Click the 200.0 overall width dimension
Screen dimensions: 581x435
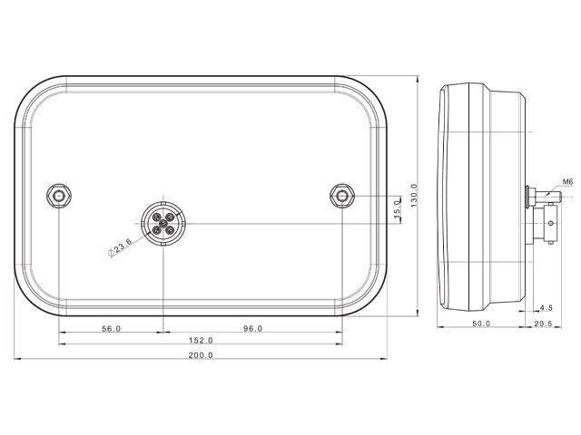201,355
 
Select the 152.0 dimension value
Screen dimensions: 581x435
201,341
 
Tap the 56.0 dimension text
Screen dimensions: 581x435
111,328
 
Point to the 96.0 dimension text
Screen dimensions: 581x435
252,328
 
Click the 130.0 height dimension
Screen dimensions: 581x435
414,196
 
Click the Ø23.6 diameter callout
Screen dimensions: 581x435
120,247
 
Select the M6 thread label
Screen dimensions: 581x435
567,182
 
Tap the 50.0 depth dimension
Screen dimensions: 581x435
481,324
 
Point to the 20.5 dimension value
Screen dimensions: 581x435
543,324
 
